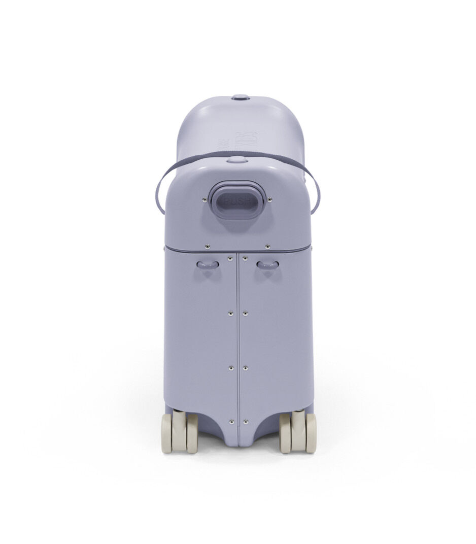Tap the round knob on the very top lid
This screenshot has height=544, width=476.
point(240,96)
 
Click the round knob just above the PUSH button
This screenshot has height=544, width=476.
point(236,159)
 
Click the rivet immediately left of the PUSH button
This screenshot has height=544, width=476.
point(205,199)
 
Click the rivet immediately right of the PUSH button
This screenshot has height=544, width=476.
point(269,200)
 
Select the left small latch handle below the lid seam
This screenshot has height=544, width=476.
point(208,264)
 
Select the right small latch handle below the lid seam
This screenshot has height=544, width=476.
point(267,264)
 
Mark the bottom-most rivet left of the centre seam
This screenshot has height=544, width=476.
point(231,421)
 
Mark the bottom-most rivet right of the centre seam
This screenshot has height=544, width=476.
point(245,421)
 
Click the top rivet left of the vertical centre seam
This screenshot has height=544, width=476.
point(231,258)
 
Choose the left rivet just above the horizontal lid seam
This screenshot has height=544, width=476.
point(208,247)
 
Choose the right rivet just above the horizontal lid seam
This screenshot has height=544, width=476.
point(267,247)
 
